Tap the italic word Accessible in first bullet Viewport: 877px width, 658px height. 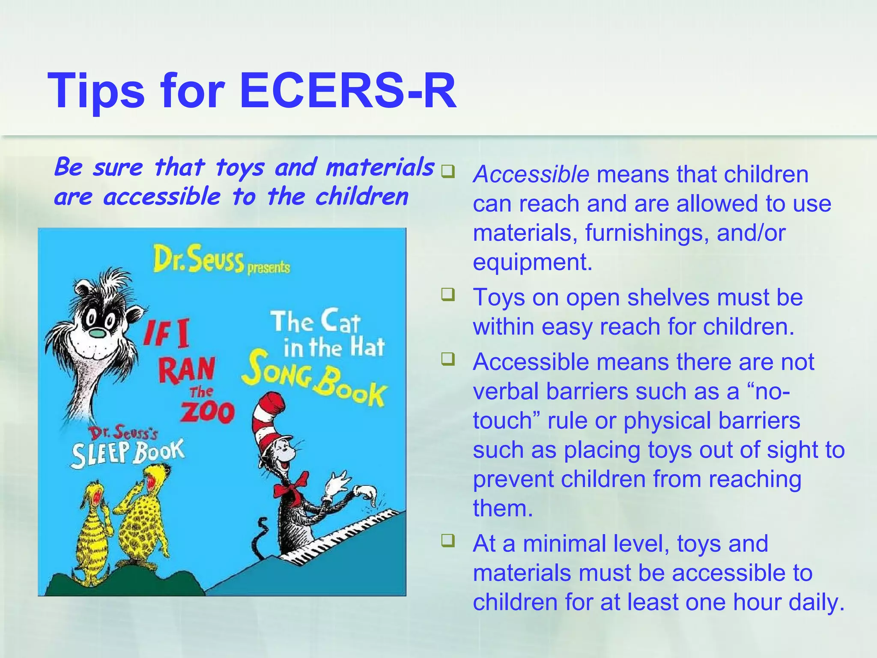531,174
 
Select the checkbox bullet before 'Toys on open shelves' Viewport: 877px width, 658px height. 448,295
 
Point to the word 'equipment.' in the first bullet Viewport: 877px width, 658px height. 532,262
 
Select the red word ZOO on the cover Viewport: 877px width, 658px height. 207,412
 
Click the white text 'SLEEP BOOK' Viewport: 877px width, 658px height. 128,453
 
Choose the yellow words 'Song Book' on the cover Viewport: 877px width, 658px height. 313,380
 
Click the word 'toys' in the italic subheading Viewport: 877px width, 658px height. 239,167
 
